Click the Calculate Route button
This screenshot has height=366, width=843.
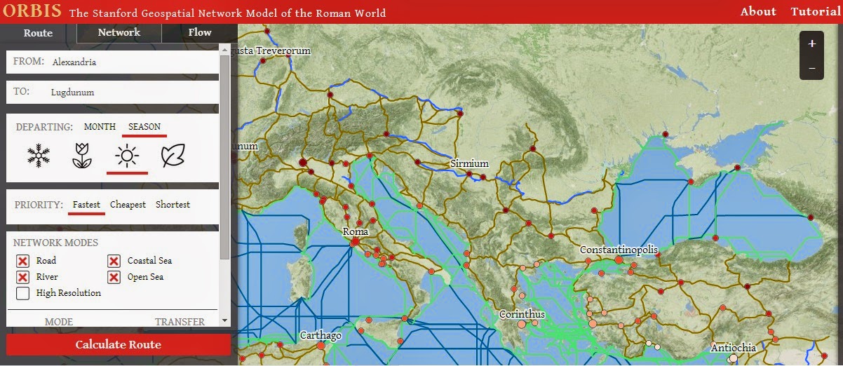point(118,344)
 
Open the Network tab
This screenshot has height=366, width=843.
point(119,32)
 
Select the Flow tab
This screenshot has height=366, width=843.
point(199,32)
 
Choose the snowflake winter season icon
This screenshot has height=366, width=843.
point(39,156)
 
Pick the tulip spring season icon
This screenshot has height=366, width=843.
point(82,156)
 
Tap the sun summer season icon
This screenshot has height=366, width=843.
point(127,156)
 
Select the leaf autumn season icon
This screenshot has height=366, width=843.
point(172,156)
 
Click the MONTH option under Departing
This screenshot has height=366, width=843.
point(100,127)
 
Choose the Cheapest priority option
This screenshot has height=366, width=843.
point(128,205)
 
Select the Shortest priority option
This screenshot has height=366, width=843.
point(173,205)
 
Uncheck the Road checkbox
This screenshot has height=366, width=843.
point(22,261)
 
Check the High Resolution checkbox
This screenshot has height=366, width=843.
point(22,293)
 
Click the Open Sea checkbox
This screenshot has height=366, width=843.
point(114,277)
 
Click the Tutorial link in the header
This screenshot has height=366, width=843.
point(815,11)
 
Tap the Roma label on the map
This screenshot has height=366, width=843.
point(355,231)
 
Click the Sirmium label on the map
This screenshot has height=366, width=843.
point(468,163)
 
